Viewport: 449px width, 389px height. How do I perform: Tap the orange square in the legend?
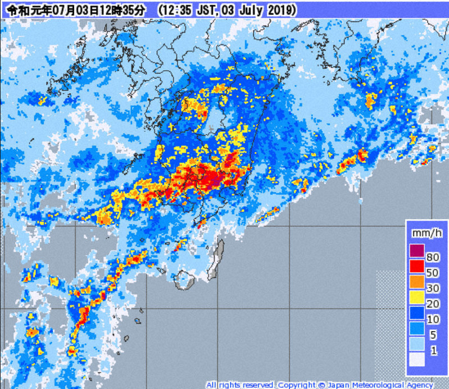[x=416, y=281]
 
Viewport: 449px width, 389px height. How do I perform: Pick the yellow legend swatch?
[x=416, y=296]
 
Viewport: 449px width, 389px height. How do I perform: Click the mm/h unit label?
[x=423, y=232]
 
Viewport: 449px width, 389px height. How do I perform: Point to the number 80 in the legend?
[x=432, y=258]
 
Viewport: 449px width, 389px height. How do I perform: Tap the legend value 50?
[x=432, y=273]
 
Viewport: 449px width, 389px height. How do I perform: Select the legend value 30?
[x=432, y=289]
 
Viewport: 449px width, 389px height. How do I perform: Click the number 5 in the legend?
[x=432, y=336]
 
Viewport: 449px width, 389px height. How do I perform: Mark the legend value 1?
[x=432, y=351]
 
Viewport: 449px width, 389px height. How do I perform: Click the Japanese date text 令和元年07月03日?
[x=53, y=10]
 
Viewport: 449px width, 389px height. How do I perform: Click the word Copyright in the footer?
[x=296, y=385]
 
